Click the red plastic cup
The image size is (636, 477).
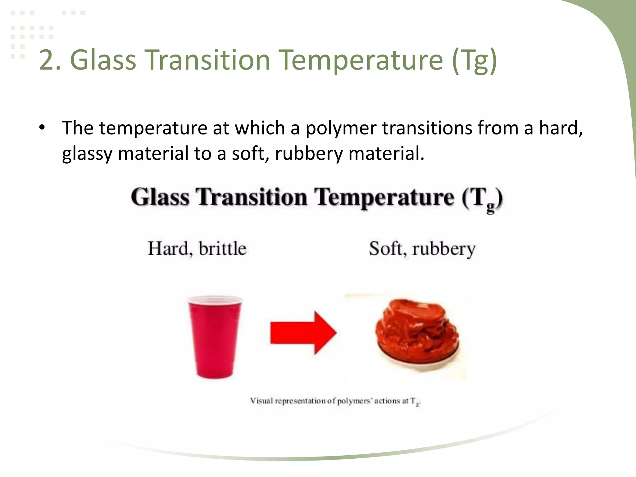click(215, 338)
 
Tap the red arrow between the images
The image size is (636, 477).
click(303, 333)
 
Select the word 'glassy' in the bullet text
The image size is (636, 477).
click(87, 154)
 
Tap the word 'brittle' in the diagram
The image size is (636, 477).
click(222, 249)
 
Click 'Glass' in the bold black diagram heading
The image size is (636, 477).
click(160, 197)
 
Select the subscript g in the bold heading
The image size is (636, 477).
click(490, 207)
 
